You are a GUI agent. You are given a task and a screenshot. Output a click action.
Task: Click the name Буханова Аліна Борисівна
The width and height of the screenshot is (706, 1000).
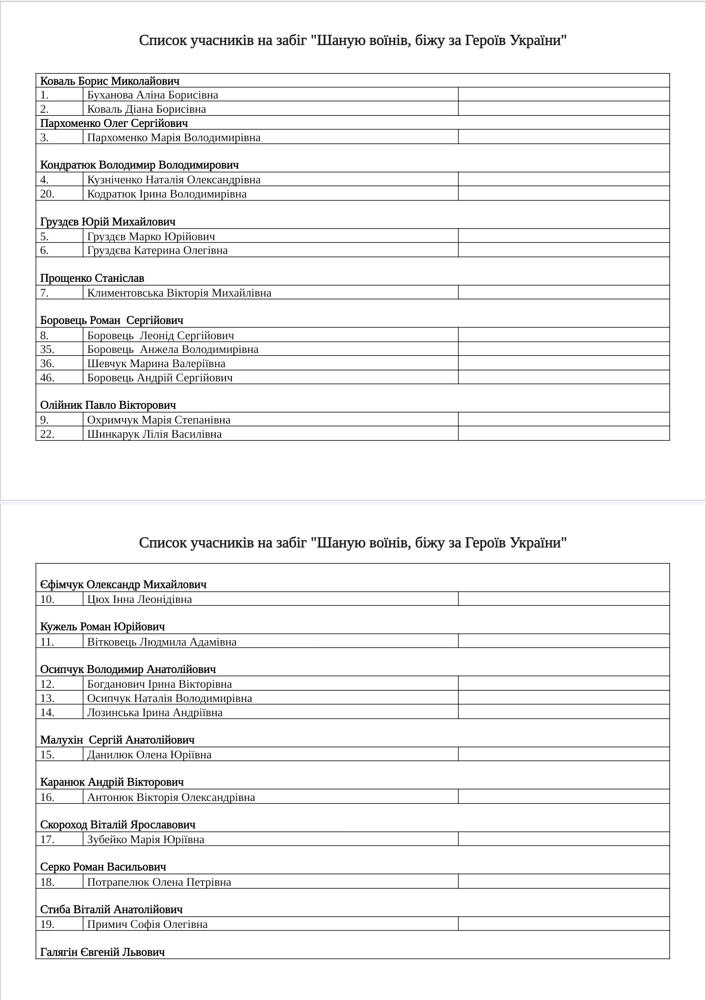point(152,95)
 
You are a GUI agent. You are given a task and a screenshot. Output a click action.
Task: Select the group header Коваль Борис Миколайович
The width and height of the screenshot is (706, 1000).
point(110,81)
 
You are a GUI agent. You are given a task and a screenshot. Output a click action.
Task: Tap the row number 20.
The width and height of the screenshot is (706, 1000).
point(47,194)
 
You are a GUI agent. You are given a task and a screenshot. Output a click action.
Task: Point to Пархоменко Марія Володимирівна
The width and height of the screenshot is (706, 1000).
point(174,138)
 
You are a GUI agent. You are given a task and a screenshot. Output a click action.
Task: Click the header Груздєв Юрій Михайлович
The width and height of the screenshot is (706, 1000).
point(108,222)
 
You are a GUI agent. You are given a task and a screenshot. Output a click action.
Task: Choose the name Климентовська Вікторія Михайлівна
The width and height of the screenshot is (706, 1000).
point(179,293)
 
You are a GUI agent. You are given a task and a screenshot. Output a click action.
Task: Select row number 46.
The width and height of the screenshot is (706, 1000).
point(47,378)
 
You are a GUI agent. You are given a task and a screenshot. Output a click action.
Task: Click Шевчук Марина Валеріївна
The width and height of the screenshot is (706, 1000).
point(156,364)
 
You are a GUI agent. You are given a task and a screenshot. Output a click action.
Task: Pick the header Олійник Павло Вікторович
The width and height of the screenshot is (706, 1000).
point(108,405)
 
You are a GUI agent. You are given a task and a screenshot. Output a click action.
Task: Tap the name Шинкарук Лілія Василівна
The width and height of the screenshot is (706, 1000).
point(154,434)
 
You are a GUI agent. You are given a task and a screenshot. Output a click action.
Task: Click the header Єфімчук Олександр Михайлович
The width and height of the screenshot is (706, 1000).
point(123,585)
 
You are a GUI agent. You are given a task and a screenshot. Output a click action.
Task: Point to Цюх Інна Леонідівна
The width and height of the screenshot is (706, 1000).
point(139,600)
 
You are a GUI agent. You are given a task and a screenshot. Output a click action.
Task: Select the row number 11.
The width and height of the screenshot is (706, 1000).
point(47,642)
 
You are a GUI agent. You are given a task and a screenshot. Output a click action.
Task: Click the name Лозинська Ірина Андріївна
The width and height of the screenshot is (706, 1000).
point(154,713)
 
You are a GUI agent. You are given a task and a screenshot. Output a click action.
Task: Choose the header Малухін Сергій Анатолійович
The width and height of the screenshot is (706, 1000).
point(117,740)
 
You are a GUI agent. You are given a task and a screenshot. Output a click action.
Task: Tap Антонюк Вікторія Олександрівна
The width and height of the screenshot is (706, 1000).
point(171,798)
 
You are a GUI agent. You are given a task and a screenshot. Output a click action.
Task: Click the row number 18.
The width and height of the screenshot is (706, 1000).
point(47,882)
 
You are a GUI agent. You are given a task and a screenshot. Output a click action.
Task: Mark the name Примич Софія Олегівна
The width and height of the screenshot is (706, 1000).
point(147,925)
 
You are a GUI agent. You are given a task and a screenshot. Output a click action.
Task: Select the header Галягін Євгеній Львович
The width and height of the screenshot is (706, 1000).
point(102,952)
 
